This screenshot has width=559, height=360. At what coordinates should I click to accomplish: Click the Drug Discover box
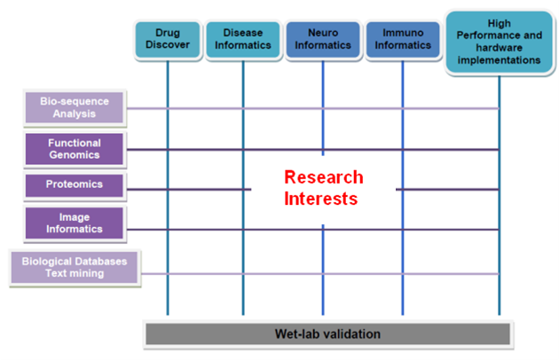click(x=168, y=40)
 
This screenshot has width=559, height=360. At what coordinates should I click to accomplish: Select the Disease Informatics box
click(x=243, y=40)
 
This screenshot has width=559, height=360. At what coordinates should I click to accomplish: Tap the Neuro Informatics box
click(x=323, y=40)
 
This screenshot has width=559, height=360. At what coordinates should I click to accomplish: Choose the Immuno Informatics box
click(x=403, y=40)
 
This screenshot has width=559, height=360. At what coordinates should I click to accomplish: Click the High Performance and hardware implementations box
click(x=499, y=42)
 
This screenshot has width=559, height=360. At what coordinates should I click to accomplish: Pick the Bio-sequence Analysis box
click(x=75, y=107)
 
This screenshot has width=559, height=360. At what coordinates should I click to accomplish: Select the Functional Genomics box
click(x=75, y=149)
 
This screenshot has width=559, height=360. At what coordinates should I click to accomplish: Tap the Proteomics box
click(x=75, y=185)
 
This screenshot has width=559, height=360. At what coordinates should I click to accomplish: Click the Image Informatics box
click(x=75, y=223)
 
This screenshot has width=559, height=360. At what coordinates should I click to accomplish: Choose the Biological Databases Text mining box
click(x=75, y=267)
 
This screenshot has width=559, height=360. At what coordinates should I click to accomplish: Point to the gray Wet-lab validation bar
click(x=328, y=334)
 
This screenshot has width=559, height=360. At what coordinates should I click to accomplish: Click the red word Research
click(x=324, y=177)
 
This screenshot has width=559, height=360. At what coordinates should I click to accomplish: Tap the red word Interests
click(x=321, y=199)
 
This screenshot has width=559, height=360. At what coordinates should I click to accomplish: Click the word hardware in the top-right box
click(x=499, y=48)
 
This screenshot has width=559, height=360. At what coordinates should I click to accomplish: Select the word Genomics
click(x=75, y=155)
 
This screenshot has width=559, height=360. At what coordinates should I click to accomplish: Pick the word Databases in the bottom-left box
click(x=98, y=262)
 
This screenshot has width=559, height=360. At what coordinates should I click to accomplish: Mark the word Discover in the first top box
click(x=168, y=45)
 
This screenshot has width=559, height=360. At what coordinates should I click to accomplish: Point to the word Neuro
click(x=323, y=33)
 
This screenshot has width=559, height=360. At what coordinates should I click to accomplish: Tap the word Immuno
click(x=403, y=33)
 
